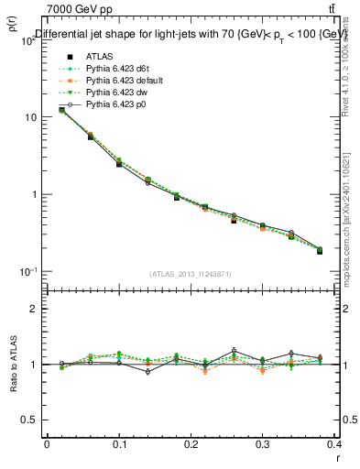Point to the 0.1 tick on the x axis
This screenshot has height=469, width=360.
click(x=119, y=446)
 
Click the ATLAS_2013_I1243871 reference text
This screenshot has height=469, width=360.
click(x=191, y=274)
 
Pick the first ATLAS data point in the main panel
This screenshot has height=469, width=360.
click(x=61, y=110)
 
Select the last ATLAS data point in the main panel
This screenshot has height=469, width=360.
click(x=320, y=251)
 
